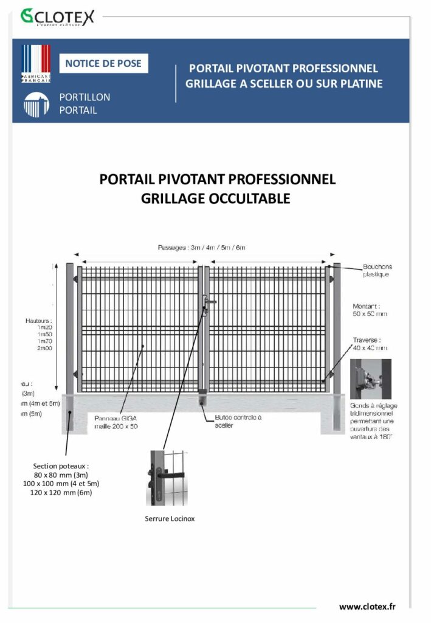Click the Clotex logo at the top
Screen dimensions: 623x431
tap(57, 16)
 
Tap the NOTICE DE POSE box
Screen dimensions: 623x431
tap(103, 63)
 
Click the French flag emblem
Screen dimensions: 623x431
tap(36, 63)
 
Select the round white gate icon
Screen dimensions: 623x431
tap(36, 105)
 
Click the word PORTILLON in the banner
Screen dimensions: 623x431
tap(84, 97)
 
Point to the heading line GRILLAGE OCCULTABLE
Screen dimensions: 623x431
tap(215, 198)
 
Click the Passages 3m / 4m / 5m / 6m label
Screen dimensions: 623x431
tap(201, 248)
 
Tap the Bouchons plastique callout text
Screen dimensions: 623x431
tap(378, 270)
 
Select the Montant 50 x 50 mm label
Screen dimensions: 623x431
tap(370, 310)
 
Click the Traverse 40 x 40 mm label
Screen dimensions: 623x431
tap(370, 344)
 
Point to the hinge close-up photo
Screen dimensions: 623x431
tap(371, 378)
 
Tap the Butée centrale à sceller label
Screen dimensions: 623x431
tap(238, 422)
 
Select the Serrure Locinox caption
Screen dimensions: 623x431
tap(170, 519)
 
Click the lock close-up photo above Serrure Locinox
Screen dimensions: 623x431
tap(167, 478)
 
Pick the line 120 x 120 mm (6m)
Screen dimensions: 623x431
tap(63, 492)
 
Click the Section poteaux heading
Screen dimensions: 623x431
tap(63, 466)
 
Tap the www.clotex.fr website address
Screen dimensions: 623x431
tap(368, 607)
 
